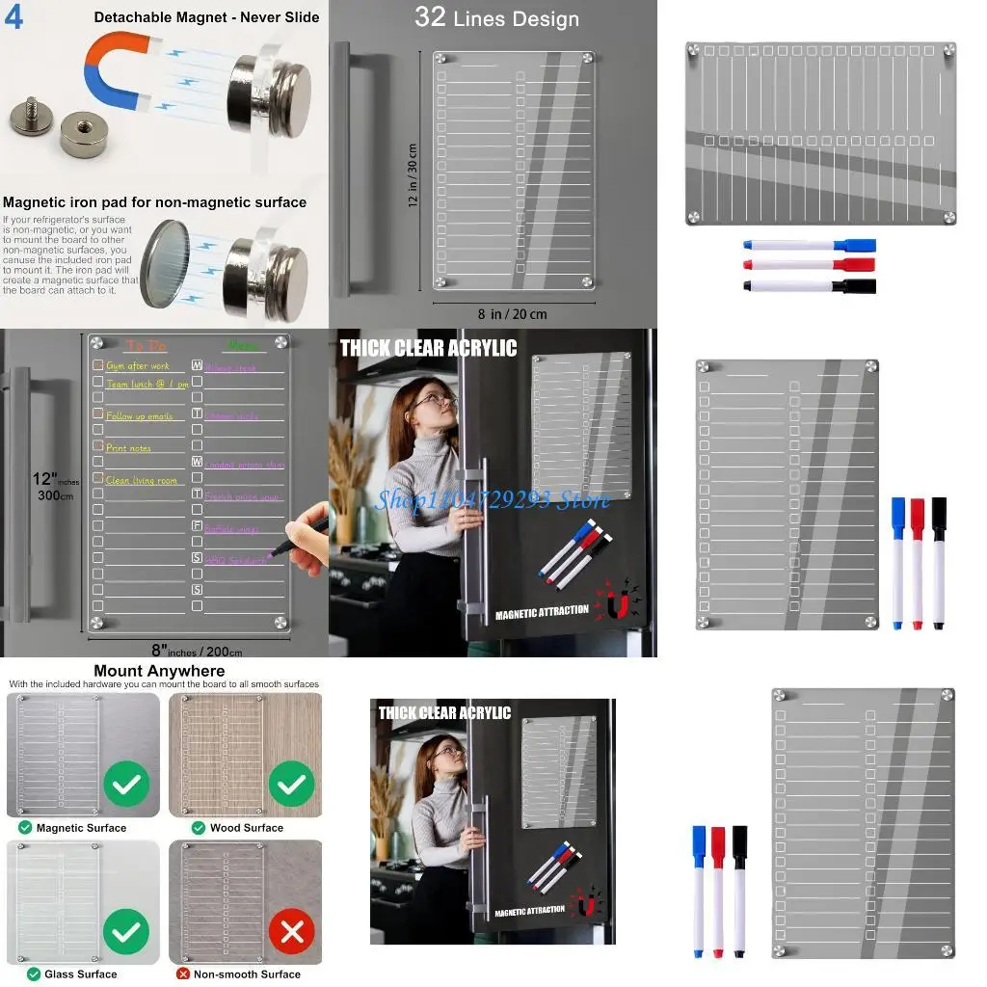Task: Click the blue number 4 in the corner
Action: (13, 18)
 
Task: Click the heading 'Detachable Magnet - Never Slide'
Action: (206, 17)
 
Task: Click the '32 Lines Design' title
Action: (496, 18)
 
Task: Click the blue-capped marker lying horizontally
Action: (810, 245)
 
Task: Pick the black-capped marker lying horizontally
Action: (810, 285)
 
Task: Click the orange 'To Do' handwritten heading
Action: (147, 345)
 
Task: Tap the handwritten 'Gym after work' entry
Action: (138, 366)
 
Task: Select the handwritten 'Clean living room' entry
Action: (142, 480)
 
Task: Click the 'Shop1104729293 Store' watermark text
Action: (493, 499)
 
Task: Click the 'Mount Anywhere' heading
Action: (159, 671)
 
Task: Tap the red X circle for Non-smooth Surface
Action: (292, 931)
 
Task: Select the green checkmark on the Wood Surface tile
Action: (291, 786)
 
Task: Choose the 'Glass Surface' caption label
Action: (80, 974)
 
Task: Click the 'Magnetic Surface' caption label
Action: (80, 827)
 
